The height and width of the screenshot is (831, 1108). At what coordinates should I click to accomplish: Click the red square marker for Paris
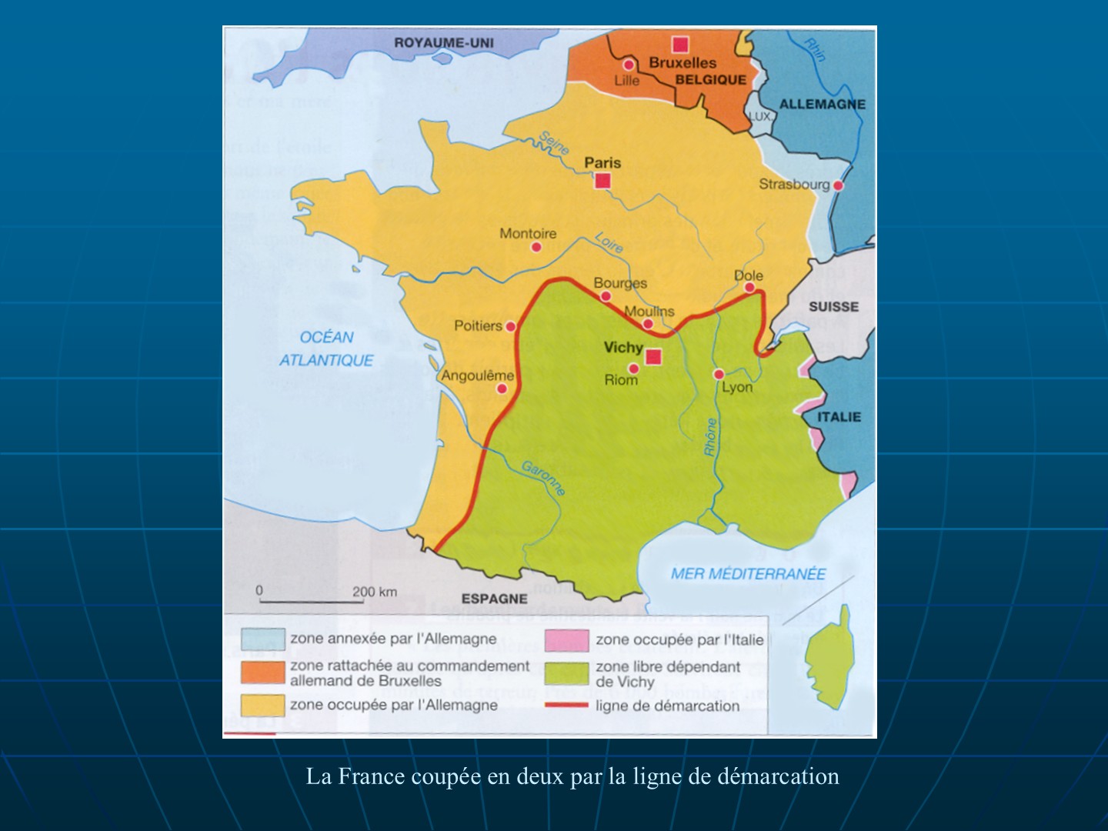602,181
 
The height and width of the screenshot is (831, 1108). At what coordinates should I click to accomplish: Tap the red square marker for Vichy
653,356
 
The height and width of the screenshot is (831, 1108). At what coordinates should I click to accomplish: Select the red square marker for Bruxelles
680,45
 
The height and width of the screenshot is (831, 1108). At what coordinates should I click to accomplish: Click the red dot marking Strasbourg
838,185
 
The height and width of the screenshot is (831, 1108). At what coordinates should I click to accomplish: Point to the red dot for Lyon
719,374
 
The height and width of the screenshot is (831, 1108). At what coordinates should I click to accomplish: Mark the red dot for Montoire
536,247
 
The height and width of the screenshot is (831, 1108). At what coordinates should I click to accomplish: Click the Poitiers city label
477,325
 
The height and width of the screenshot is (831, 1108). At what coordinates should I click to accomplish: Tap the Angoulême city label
477,375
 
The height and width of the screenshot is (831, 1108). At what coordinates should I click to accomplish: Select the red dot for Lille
629,65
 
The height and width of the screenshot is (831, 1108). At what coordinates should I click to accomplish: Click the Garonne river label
544,478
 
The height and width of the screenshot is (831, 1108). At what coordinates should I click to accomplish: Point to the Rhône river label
711,437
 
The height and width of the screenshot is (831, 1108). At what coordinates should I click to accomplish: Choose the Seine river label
554,142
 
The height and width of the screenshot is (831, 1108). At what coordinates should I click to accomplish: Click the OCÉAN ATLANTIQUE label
326,349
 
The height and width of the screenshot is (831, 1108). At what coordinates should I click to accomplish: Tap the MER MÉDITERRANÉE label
748,573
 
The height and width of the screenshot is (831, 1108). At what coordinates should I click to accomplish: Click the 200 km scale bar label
375,592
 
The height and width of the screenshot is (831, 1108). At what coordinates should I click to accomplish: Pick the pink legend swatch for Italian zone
566,639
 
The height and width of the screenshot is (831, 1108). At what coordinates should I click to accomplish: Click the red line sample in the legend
566,705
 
